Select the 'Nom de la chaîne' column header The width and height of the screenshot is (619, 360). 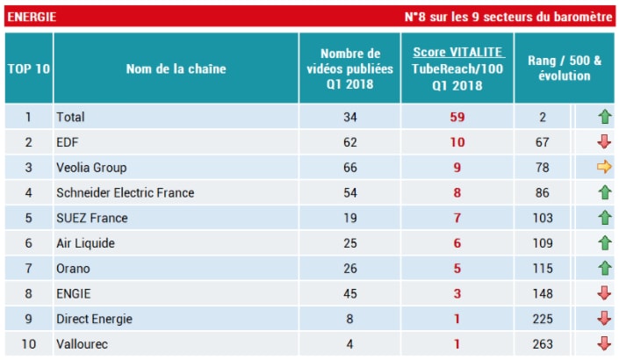tap(176, 68)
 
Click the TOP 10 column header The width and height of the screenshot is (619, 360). tap(28, 68)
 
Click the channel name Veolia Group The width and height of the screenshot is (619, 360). tap(91, 168)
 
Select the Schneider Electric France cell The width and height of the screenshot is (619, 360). tap(125, 192)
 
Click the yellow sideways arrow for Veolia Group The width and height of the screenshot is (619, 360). tap(604, 168)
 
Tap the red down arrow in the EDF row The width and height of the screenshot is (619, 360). tap(604, 142)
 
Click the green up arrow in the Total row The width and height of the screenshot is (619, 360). tap(604, 117)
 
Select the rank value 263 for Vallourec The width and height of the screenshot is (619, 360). tap(543, 345)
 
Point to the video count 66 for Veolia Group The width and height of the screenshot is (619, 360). tap(349, 168)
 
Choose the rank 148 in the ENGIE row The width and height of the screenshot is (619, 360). tap(543, 294)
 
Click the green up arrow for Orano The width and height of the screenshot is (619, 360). tap(604, 269)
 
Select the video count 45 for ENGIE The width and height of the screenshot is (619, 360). tap(349, 294)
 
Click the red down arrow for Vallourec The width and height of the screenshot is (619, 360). tap(604, 345)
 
